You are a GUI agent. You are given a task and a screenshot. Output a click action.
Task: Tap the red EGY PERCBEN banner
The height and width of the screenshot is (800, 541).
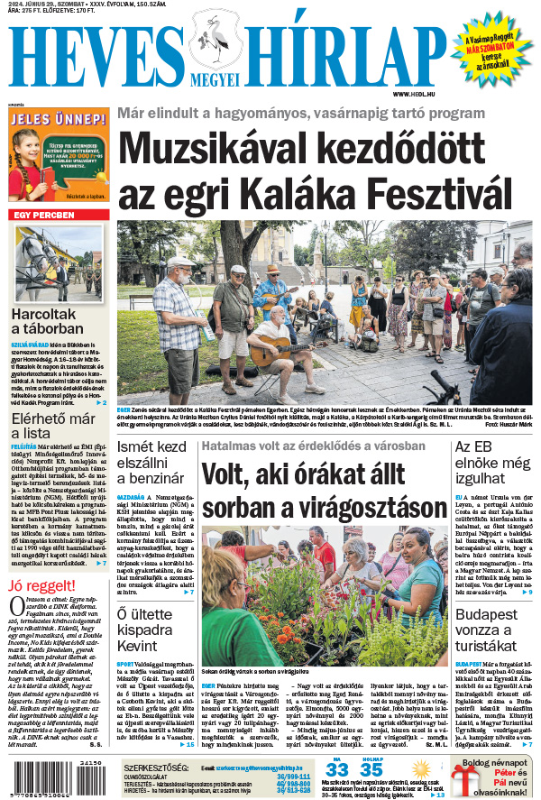[41, 215]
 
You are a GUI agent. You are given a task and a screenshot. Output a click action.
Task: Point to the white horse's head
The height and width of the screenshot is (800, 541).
[31, 247]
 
